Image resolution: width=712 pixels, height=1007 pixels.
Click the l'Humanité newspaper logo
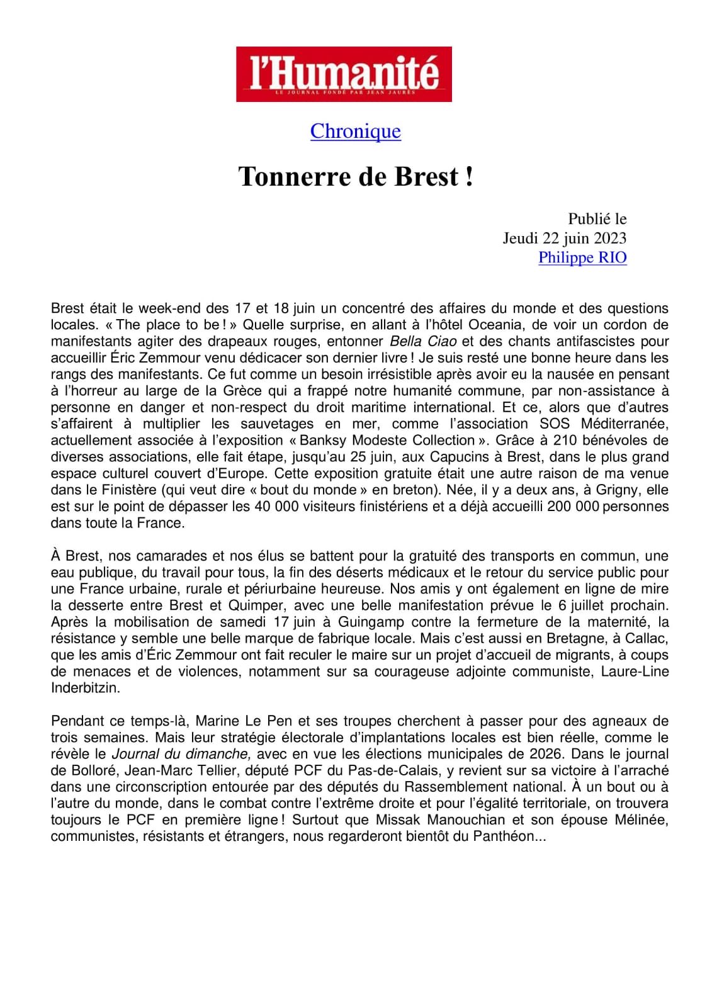pos(344,74)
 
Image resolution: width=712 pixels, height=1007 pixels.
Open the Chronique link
pos(356,131)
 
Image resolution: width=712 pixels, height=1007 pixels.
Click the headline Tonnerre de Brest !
pos(356,177)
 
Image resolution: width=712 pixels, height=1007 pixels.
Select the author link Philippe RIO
pos(582,257)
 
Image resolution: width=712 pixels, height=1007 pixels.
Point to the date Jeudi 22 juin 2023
pos(565,238)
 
